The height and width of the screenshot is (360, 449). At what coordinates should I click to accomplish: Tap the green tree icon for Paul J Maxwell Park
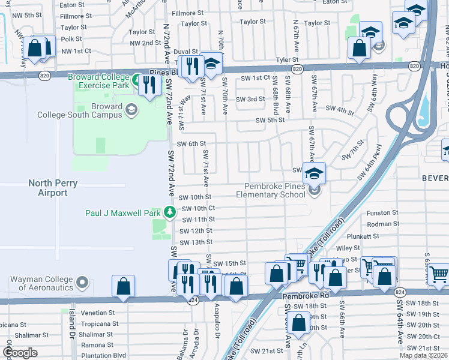click(170, 212)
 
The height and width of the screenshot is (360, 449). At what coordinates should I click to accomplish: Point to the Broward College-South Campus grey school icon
click(131, 109)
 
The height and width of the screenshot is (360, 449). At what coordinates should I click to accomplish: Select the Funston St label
click(382, 213)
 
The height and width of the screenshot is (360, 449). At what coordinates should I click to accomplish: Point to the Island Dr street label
click(73, 323)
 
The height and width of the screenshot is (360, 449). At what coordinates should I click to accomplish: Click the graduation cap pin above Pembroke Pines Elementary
click(313, 174)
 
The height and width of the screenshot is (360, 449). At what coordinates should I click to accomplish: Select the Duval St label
click(186, 52)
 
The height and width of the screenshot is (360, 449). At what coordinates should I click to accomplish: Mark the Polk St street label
click(71, 38)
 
